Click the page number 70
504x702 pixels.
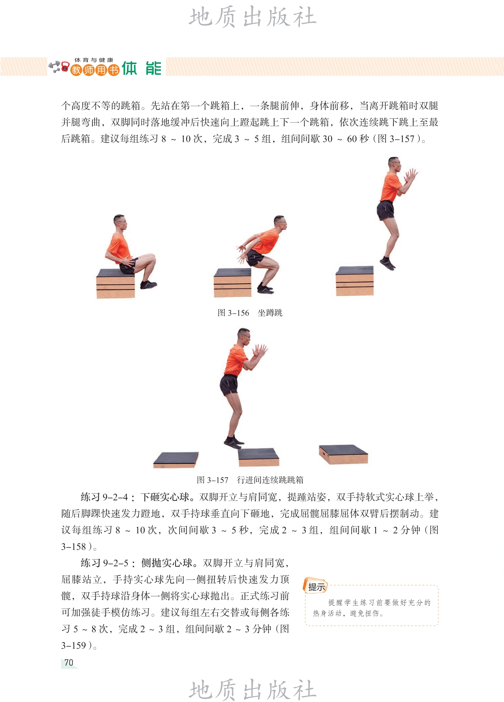(69, 663)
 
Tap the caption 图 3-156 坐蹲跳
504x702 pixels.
(250, 313)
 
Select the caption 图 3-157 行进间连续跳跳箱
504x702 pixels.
(250, 480)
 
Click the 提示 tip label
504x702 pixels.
(316, 587)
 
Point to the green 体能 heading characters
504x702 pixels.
(142, 68)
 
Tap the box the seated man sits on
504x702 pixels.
(115, 283)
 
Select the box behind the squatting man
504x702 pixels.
(232, 283)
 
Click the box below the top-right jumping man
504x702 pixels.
(355, 281)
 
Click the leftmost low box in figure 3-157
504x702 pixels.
(176, 460)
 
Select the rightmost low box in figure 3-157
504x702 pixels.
(343, 454)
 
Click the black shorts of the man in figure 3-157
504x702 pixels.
(229, 385)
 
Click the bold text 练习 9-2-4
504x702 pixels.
(104, 497)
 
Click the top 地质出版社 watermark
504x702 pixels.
(253, 18)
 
